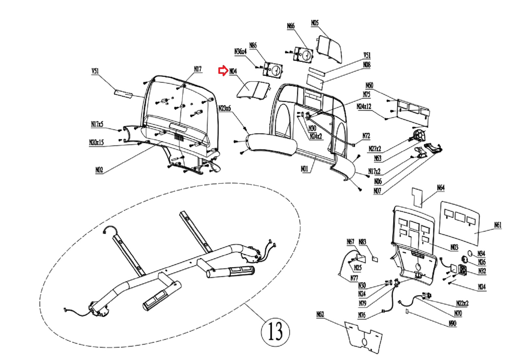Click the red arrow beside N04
pos(223,71)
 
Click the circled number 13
pos(275,331)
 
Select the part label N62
pos(320,314)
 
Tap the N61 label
pos(498,225)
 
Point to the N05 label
pos(314,23)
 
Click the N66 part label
pos(291,26)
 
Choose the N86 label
pos(253,45)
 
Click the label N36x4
pos(240,52)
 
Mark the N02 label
pos(99,170)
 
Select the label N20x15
pos(96,142)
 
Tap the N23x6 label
pos(225,108)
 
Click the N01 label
pos(304,169)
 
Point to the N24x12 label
pos(364,106)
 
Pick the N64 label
pos(441,188)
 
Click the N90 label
pos(452,323)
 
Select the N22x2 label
pos(462,303)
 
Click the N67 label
pos(350,242)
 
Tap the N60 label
pos(369,86)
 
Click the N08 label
pos(367,65)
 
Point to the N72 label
pos(366,136)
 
